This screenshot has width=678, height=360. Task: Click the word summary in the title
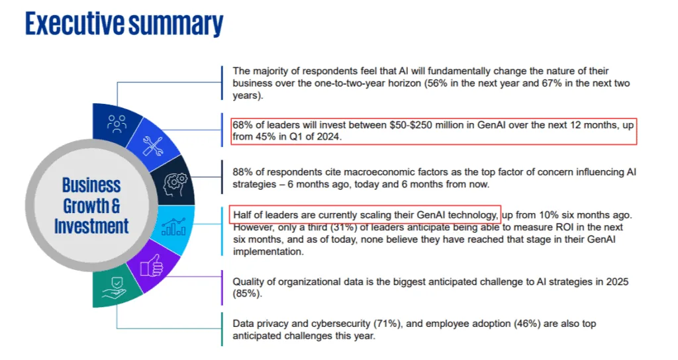(x=175, y=23)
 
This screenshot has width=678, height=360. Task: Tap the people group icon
(x=117, y=123)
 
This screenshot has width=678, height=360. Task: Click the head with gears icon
(x=176, y=181)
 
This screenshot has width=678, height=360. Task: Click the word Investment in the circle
(x=91, y=226)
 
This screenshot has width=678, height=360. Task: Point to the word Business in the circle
(x=91, y=185)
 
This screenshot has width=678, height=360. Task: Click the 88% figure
(x=242, y=172)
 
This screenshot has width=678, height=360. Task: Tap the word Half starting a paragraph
(x=242, y=215)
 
